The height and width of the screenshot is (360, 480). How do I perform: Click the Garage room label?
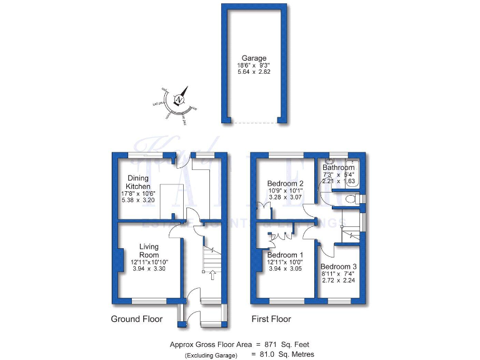click(254, 58)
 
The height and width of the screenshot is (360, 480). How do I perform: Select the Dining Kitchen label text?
click(138, 182)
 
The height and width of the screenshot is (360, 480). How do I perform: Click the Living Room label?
click(149, 251)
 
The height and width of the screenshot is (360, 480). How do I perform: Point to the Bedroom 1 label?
click(285, 255)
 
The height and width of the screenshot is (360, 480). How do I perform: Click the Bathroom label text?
click(339, 168)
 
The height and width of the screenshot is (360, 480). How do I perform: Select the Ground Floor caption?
click(136, 319)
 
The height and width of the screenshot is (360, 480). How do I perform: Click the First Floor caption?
click(271, 319)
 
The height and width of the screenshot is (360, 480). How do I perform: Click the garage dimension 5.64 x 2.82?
click(254, 72)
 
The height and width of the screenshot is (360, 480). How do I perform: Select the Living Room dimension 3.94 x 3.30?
click(149, 268)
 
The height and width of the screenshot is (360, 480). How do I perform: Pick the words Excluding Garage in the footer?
click(211, 355)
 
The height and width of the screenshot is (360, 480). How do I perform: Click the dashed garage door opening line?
click(254, 122)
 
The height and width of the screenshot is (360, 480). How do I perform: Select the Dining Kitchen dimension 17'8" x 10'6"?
click(138, 194)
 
